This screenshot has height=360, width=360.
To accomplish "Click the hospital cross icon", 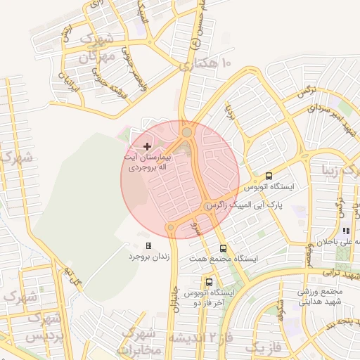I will click(146, 146).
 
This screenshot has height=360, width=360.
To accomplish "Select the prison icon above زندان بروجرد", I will click(148, 245).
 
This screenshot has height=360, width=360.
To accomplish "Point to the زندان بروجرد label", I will click(149, 257).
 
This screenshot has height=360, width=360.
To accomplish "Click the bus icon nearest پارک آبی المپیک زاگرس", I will click(269, 176).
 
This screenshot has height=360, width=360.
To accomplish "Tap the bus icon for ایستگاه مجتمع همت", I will click(223, 247).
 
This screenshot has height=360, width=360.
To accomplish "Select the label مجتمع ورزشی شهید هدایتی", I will click(320, 297).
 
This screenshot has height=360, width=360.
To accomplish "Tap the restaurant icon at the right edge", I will click(345, 230).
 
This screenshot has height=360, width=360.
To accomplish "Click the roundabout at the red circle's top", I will click(187, 131).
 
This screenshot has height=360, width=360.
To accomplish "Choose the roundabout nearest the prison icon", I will click(171, 227).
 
